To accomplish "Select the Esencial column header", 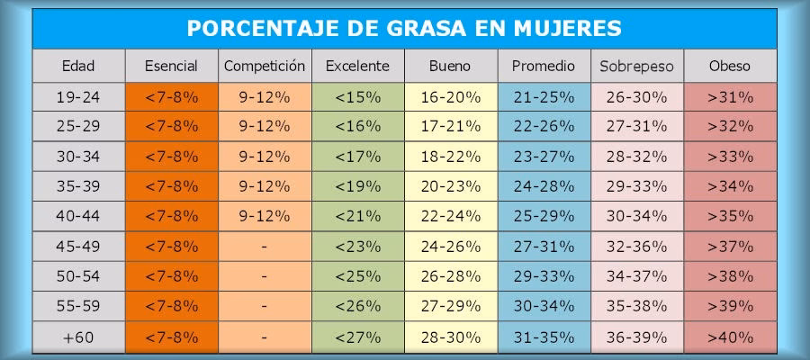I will (172, 66).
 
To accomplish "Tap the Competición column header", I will (265, 66).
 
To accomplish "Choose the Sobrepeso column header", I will (636, 66).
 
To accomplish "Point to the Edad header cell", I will (78, 66).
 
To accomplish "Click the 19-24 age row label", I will (78, 96).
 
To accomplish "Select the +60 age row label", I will (78, 337).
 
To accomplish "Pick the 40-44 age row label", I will (78, 217).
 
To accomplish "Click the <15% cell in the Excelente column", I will (357, 96).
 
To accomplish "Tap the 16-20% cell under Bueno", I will (450, 96).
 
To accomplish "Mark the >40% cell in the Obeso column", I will (730, 337).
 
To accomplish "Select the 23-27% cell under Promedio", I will (543, 157).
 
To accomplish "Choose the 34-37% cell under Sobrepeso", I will (636, 277).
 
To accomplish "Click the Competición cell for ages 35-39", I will (265, 186).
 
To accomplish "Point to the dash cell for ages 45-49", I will (265, 247).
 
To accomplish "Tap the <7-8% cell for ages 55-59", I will (172, 307).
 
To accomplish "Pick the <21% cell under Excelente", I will (357, 217).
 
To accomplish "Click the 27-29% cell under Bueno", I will (450, 307).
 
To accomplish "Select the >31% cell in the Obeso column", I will (730, 96).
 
